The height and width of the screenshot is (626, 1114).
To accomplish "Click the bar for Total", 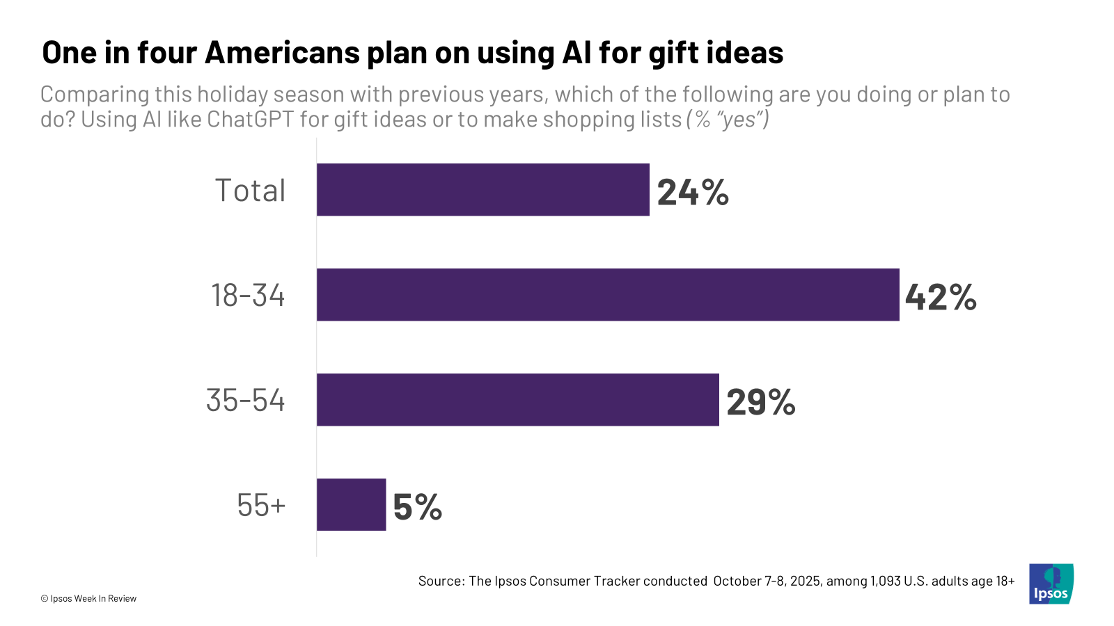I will [x=483, y=190].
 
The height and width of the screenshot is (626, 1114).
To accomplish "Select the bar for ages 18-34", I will [x=608, y=295].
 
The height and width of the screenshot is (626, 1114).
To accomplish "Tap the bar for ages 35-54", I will [x=517, y=400].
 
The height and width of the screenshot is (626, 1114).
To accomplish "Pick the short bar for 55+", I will [x=351, y=505].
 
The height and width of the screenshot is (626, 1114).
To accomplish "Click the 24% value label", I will [x=693, y=192].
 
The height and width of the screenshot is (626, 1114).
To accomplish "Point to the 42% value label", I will [x=941, y=297].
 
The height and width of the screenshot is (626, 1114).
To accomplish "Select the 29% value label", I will [x=761, y=402].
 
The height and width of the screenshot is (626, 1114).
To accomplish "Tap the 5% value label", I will [x=418, y=507].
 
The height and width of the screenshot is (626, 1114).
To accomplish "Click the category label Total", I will [x=250, y=191].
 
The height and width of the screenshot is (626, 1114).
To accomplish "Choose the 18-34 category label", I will [x=248, y=296].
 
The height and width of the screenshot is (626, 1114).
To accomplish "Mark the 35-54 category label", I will [x=246, y=401].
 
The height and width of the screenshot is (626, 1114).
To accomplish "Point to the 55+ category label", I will [x=261, y=506].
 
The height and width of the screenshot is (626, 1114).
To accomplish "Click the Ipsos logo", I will [x=1051, y=584].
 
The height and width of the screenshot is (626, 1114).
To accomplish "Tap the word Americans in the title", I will [x=283, y=53].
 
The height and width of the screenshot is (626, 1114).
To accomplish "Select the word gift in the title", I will [x=673, y=53].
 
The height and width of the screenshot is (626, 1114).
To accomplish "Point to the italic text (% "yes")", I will [x=728, y=120].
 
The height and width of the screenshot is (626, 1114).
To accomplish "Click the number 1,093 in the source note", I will [x=885, y=581].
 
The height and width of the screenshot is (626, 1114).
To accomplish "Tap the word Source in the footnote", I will [x=441, y=581].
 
